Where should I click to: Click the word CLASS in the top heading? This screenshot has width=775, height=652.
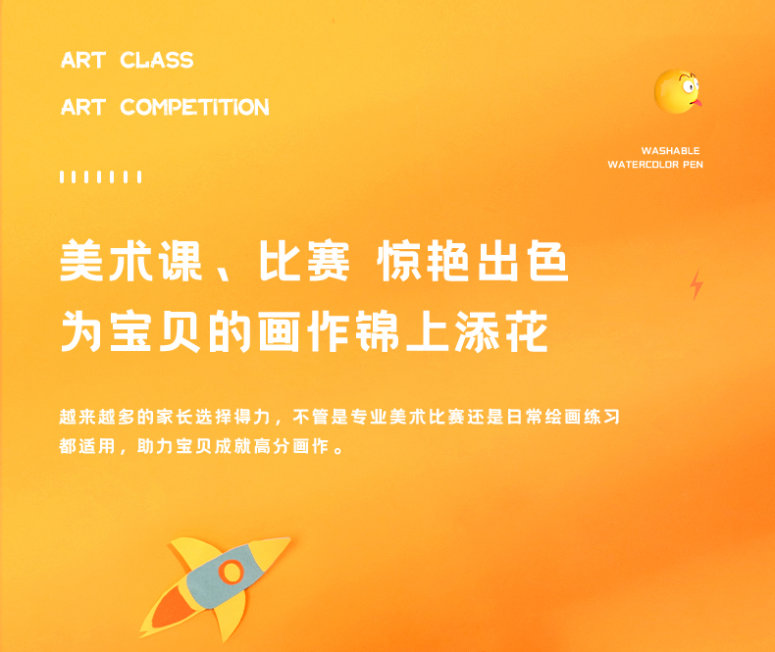pyautogui.click(x=157, y=60)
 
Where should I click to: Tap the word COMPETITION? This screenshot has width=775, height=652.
pyautogui.click(x=195, y=107)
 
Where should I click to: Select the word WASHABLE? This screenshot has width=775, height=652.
pyautogui.click(x=670, y=151)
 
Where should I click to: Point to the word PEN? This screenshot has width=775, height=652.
pyautogui.click(x=693, y=165)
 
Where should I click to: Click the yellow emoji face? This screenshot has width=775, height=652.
pyautogui.click(x=677, y=91)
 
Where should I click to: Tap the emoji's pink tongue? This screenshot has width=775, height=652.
pyautogui.click(x=697, y=103)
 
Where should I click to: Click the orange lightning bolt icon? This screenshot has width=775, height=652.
pyautogui.click(x=697, y=284)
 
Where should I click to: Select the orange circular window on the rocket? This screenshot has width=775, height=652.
pyautogui.click(x=231, y=572)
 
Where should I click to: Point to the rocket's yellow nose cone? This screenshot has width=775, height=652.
pyautogui.click(x=271, y=550)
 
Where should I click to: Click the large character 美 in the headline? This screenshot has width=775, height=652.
pyautogui.click(x=81, y=260)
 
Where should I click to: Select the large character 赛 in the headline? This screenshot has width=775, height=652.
pyautogui.click(x=329, y=260)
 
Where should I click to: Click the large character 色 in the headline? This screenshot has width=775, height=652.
pyautogui.click(x=548, y=260)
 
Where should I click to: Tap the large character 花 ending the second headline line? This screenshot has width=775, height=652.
pyautogui.click(x=527, y=331)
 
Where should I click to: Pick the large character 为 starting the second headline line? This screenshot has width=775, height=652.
pyautogui.click(x=81, y=331)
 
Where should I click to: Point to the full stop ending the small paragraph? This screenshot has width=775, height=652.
pyautogui.click(x=338, y=450)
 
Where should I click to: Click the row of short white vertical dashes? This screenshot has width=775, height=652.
pyautogui.click(x=101, y=176)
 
